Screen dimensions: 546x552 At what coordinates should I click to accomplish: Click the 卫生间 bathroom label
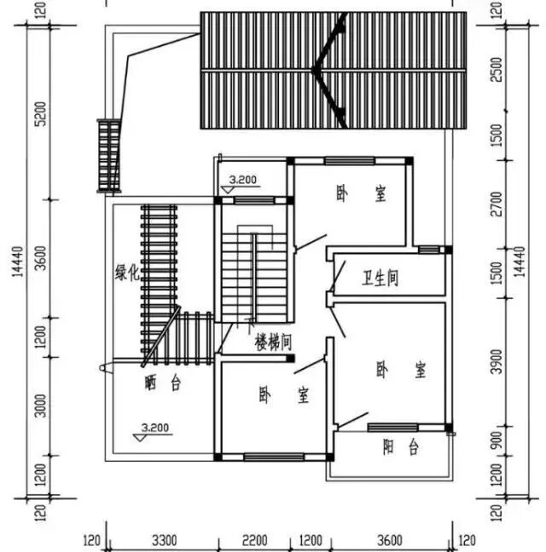tap(380, 279)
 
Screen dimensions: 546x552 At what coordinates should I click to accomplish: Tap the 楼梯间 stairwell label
tap(275, 342)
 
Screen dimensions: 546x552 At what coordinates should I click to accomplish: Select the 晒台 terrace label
tap(163, 383)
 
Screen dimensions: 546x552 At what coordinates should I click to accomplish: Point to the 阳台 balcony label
tap(400, 446)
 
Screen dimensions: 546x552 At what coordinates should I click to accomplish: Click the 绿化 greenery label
tap(126, 273)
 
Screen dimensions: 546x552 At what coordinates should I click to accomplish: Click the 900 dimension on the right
tap(496, 441)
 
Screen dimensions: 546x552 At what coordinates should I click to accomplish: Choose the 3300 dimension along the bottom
tap(164, 540)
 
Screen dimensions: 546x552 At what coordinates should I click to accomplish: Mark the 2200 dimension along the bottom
tap(253, 540)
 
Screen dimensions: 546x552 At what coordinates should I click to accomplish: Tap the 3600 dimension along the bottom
tap(388, 540)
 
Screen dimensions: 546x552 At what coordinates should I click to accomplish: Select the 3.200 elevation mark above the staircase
tap(243, 180)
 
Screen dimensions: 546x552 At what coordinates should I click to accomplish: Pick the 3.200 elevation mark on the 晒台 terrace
tap(155, 427)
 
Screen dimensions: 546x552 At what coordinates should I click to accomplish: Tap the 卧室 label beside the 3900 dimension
tap(400, 371)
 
